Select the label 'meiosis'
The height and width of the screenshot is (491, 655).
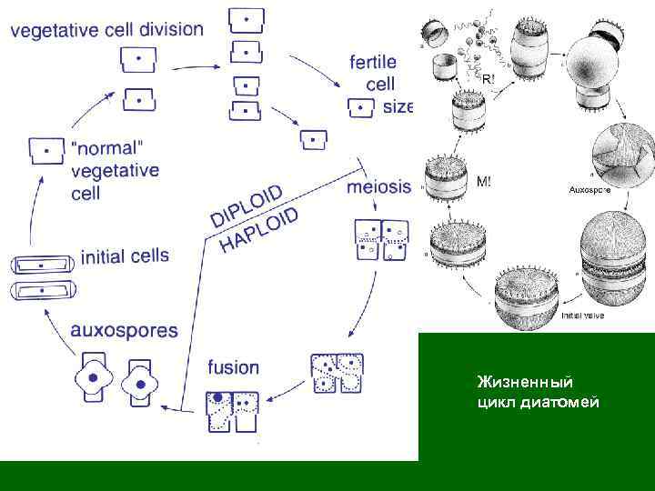(x=379, y=187)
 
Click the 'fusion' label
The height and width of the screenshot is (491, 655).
(x=233, y=367)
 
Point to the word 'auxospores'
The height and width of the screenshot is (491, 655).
(x=125, y=330)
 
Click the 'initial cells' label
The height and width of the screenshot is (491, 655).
(x=125, y=256)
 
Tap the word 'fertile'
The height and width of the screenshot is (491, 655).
(x=373, y=63)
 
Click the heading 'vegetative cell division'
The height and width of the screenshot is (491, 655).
(x=107, y=29)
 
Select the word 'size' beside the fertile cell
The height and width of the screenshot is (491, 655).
(x=398, y=106)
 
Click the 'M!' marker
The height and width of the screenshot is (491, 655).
(x=486, y=181)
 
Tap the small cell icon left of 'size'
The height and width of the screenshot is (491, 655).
(x=361, y=108)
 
